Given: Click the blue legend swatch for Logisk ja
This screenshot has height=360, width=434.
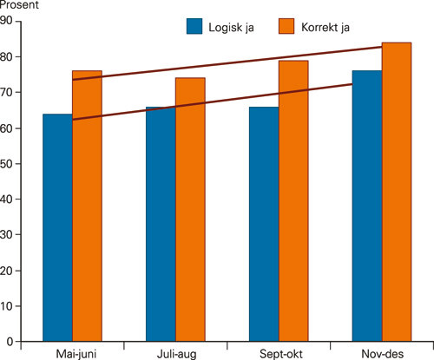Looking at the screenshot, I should (x=194, y=26).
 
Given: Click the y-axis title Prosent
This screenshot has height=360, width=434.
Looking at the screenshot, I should (x=17, y=6).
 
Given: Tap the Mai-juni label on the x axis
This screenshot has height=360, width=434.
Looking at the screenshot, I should (x=72, y=353).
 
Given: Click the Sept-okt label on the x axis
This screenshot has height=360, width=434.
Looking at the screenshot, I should (x=279, y=353).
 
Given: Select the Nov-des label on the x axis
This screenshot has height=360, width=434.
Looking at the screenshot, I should (x=382, y=353).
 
